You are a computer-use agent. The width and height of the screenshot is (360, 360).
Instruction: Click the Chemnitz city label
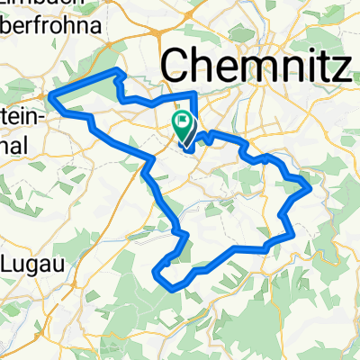pyautogui.click(x=256, y=65)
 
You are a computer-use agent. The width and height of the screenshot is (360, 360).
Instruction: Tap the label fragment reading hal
pyautogui.click(x=16, y=145)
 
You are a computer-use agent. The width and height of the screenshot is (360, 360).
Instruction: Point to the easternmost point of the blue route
pyautogui.click(x=311, y=187)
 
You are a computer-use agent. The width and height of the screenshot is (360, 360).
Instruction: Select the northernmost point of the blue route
pyautogui.click(x=114, y=69)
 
